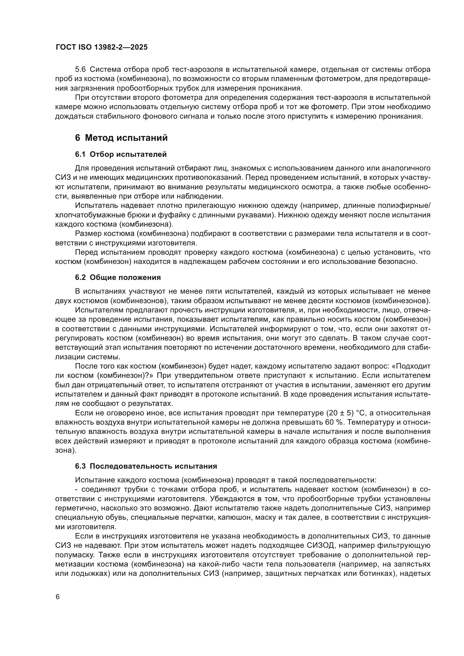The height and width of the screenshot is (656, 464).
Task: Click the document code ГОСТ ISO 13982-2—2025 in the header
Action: coord(102,47)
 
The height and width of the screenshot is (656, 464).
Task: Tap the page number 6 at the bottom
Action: coord(58,597)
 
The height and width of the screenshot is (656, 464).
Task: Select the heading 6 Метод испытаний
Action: coord(121,138)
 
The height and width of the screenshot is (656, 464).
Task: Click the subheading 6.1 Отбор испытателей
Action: coord(121,155)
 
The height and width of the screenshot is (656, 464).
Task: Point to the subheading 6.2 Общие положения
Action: coord(118,277)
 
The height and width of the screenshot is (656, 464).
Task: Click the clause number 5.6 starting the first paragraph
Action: coord(80,70)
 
